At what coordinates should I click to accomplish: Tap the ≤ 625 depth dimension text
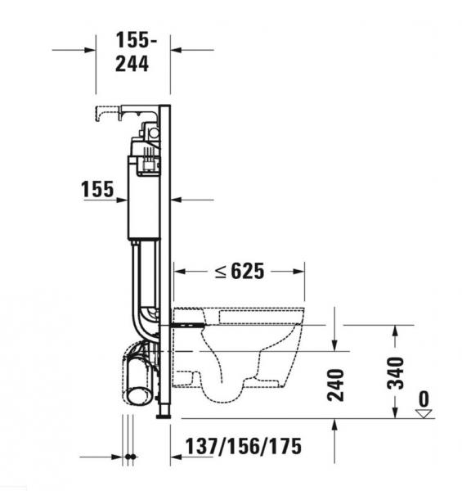[x=239, y=272]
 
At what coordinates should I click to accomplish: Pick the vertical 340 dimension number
[x=396, y=372]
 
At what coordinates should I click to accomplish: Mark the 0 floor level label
[x=423, y=399]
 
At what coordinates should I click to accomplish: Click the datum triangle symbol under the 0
[x=423, y=413]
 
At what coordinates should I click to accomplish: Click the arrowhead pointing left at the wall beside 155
[x=177, y=199]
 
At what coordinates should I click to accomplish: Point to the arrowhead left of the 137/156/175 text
[x=176, y=457]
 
